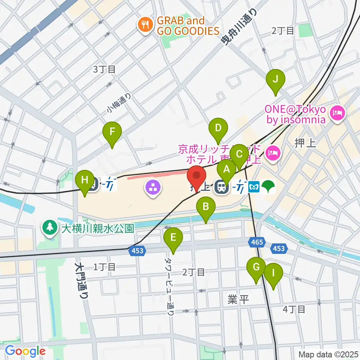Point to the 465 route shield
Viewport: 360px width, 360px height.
tap(257, 242)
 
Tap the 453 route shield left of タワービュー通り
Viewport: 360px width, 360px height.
tap(137, 250)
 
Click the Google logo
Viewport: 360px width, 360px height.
tap(25, 351)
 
